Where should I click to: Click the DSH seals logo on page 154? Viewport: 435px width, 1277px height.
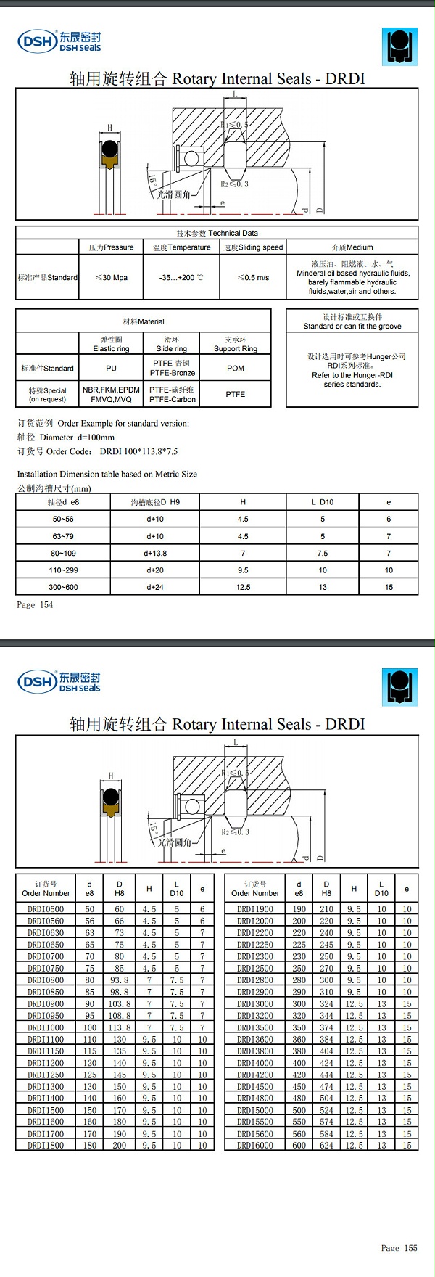[x=59, y=41]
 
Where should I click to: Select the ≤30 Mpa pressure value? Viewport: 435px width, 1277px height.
[x=112, y=277]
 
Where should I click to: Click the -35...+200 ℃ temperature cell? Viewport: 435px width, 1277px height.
[x=181, y=277]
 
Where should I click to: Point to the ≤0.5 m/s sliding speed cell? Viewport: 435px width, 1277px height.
[x=253, y=277]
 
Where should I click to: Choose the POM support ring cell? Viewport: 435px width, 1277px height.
[x=236, y=368]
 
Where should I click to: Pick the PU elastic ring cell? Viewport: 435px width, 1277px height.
[x=111, y=368]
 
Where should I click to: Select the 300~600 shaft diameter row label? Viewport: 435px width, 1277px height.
[x=63, y=587]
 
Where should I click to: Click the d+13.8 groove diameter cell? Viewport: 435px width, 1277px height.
[x=155, y=553]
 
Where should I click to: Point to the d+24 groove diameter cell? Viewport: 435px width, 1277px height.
[x=155, y=587]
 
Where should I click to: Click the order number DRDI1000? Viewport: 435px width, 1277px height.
[x=46, y=1027]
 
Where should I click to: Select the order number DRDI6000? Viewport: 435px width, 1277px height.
[x=255, y=1145]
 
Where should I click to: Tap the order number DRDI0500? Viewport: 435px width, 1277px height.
[x=46, y=909]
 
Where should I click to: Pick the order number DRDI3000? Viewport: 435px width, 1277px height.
[x=255, y=1003]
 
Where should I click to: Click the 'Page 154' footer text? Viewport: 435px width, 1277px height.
[x=35, y=604]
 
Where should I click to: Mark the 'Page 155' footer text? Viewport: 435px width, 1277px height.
[x=399, y=1248]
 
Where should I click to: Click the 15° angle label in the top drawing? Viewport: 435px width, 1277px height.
[x=152, y=179]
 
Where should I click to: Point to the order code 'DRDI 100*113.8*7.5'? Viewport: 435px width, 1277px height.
[x=138, y=451]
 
